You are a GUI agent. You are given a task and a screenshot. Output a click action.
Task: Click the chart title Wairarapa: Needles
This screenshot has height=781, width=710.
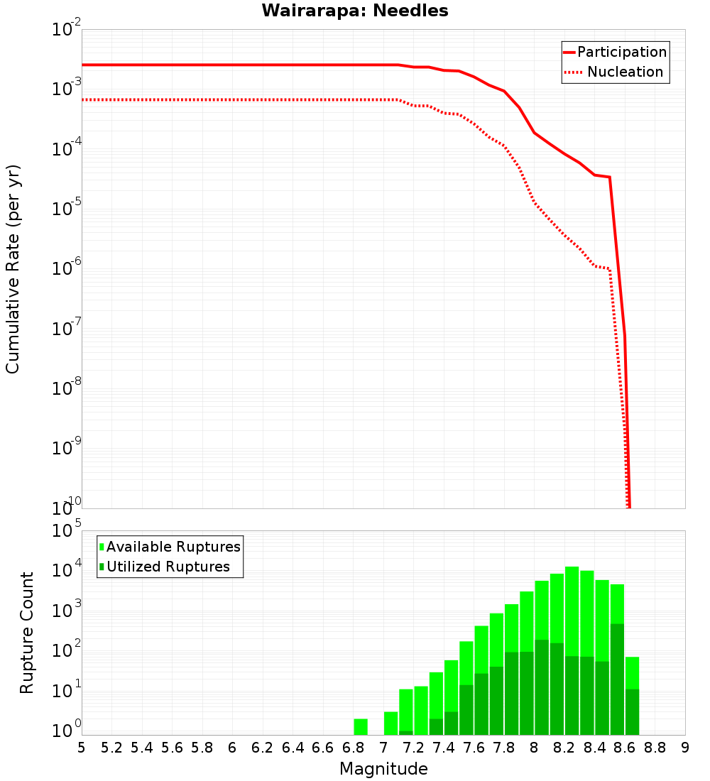click(x=355, y=11)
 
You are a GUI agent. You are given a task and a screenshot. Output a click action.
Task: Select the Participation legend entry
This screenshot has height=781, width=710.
click(x=621, y=52)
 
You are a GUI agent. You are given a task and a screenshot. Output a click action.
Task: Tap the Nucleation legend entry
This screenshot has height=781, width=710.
click(x=625, y=72)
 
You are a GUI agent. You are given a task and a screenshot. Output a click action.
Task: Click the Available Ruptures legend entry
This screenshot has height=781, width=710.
click(x=173, y=547)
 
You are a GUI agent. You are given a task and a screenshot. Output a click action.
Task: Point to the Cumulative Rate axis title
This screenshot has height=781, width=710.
click(x=13, y=269)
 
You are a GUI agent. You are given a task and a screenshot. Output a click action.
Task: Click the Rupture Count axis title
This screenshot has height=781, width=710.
click(x=27, y=633)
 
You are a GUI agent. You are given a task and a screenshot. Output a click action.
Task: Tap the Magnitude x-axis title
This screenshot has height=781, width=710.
click(x=383, y=769)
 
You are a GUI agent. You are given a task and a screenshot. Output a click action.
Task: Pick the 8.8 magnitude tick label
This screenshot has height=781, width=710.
click(x=655, y=748)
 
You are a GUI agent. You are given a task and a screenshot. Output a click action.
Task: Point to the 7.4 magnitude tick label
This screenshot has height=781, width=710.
click(x=444, y=748)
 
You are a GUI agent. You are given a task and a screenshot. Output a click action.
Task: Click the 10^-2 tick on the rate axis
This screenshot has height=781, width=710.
click(x=67, y=31)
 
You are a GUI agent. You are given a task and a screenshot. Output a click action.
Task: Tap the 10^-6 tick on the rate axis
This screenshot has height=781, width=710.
click(x=67, y=269)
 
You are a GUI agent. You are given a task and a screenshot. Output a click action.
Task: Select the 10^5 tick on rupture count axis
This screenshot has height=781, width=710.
click(x=67, y=531)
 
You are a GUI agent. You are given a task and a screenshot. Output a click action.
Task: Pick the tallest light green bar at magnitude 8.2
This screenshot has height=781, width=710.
click(x=572, y=611)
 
